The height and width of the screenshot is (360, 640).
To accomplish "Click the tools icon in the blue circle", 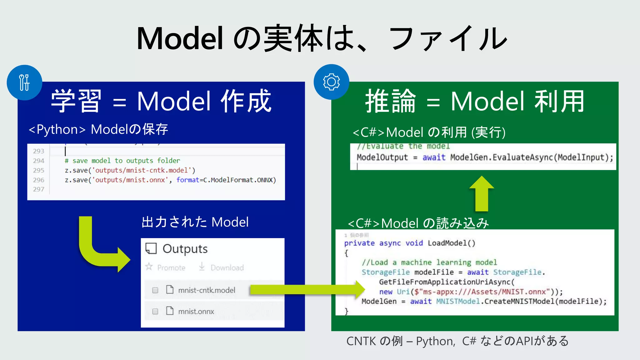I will (x=24, y=82).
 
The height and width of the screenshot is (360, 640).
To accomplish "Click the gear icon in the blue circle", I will (x=331, y=82).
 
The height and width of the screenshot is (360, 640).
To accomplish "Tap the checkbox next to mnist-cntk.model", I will (x=155, y=290).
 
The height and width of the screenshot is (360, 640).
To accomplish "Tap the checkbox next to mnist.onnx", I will (x=155, y=312).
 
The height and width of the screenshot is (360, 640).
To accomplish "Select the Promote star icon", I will (x=149, y=267).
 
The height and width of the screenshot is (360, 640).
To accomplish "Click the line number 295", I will (x=39, y=170).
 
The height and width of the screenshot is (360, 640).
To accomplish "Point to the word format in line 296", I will (x=187, y=180).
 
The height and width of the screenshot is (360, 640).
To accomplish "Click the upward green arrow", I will (x=482, y=194).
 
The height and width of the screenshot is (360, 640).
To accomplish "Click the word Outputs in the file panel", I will (x=185, y=249).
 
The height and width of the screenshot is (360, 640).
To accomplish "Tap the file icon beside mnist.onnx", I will (x=170, y=311).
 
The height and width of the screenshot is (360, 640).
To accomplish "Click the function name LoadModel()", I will (x=451, y=243).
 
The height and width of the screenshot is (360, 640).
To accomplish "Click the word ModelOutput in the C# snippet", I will (x=382, y=157).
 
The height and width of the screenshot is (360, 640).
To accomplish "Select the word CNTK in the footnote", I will (x=361, y=341).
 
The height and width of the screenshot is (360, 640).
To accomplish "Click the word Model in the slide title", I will (x=180, y=39).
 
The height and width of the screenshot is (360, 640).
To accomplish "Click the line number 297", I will (x=39, y=189).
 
